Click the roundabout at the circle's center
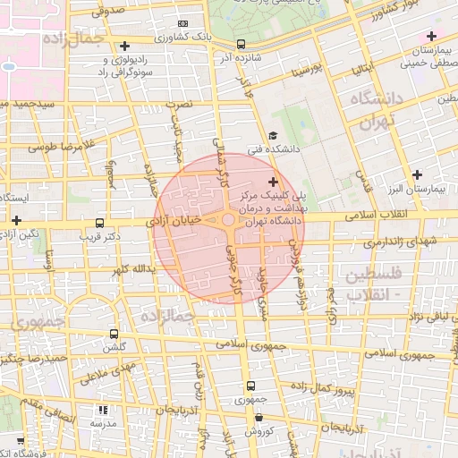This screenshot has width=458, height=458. (229, 220)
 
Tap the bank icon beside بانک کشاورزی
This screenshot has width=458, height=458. (183, 23)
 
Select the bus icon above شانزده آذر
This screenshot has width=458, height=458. (241, 43)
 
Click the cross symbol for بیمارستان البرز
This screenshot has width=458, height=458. (416, 174)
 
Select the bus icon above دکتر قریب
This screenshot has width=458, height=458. (98, 224)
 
